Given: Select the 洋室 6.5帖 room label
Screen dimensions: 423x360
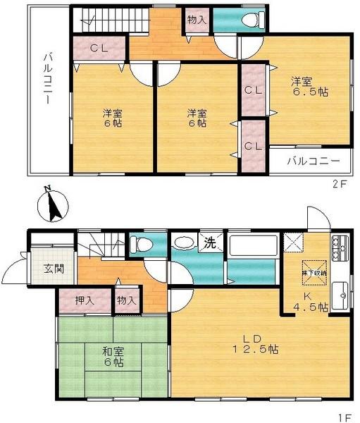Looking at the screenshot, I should click(x=310, y=86).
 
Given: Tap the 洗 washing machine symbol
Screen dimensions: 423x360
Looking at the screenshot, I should click(x=210, y=243).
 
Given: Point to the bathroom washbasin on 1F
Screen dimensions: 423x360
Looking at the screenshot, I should click(x=182, y=244).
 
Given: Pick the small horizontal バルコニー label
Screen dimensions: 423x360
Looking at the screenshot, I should click(x=314, y=161).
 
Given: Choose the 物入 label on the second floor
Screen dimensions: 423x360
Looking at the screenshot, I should click(x=197, y=20).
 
